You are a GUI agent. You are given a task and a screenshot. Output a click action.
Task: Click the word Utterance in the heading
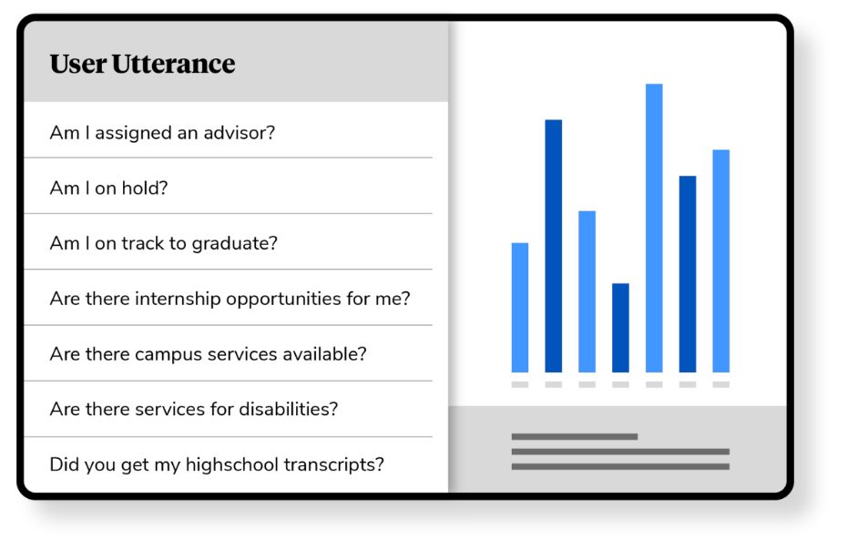(173, 64)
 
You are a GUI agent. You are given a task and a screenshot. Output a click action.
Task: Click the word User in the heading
(78, 64)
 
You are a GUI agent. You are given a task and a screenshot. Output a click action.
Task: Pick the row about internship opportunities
(230, 299)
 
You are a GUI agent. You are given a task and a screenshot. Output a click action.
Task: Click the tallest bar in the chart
(654, 228)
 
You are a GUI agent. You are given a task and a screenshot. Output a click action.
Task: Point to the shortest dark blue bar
(620, 328)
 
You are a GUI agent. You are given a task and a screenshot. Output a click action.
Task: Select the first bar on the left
(520, 308)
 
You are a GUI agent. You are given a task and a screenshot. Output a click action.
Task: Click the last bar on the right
(721, 261)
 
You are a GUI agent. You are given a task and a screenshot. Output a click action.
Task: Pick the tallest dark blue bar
(554, 246)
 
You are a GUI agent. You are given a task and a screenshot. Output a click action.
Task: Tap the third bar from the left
(587, 291)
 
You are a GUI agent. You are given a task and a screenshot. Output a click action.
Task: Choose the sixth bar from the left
(688, 274)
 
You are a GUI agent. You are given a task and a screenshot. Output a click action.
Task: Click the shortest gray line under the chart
(575, 436)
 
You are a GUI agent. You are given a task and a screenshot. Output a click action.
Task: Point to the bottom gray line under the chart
(620, 467)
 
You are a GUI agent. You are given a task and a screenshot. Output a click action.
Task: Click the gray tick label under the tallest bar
(654, 384)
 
